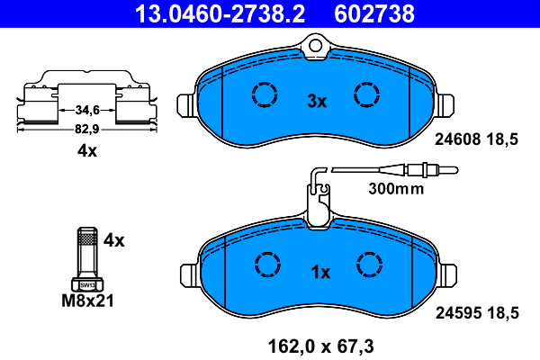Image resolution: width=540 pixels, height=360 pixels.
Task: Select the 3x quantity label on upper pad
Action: click(x=316, y=102)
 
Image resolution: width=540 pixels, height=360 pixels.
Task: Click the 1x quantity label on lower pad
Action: click(x=321, y=272)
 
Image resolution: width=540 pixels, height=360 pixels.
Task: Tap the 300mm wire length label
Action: click(x=395, y=190)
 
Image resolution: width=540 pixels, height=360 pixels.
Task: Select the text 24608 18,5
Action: click(x=477, y=140)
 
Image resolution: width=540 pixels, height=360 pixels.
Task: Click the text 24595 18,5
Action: click(x=477, y=312)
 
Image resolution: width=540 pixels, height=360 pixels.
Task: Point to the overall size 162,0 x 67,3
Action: click(x=319, y=343)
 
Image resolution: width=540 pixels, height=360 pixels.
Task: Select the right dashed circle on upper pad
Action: click(x=366, y=94)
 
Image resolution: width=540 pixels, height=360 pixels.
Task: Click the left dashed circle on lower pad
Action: click(x=267, y=264)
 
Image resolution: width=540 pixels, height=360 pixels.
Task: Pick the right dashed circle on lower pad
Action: click(x=370, y=264)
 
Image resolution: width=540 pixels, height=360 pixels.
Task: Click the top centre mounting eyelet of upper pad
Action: click(x=316, y=43)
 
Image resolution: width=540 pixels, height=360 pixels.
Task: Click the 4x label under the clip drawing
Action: click(x=86, y=152)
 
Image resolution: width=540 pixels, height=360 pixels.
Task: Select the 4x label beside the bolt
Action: click(x=113, y=240)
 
